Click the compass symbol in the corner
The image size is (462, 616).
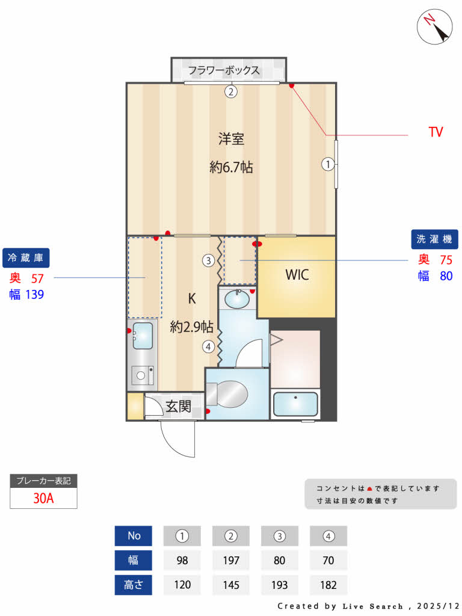(x=435, y=26)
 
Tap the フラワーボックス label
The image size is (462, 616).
(x=224, y=70)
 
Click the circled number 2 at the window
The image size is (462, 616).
(x=231, y=91)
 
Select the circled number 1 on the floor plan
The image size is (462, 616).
(x=328, y=164)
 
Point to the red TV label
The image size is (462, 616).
(x=436, y=132)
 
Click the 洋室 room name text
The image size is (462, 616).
(x=231, y=139)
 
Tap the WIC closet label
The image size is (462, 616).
(x=297, y=275)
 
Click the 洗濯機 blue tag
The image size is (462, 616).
(x=435, y=239)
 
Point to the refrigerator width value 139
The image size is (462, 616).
(x=34, y=294)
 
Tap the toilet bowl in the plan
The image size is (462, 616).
(x=232, y=394)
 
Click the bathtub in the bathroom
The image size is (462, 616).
(x=295, y=404)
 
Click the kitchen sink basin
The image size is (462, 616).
(x=143, y=335)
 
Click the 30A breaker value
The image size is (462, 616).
(x=43, y=498)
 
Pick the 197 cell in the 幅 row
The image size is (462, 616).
(x=231, y=560)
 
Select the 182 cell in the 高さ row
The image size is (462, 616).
(x=328, y=585)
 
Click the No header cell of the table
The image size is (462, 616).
(x=134, y=535)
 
